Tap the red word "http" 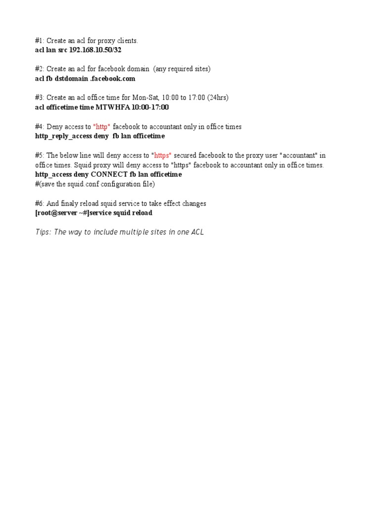pos(102,127)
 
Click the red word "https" pos(163,155)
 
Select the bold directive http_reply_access pos(63,136)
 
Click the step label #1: pos(40,41)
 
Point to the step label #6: pos(40,203)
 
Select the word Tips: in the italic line pos(44,232)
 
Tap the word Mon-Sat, pos(144,98)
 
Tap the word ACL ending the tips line pos(196,232)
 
